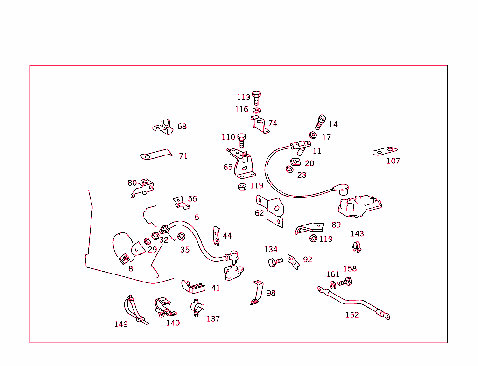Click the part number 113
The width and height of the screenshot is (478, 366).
tap(243, 97)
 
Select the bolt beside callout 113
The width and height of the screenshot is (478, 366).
tap(256, 98)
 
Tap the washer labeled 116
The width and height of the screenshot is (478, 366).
tap(256, 110)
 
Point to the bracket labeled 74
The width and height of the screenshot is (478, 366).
tap(260, 124)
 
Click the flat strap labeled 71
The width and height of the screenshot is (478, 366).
tap(156, 155)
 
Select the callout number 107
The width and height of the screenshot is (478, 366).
tap(393, 161)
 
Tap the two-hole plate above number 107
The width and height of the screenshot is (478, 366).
tap(385, 151)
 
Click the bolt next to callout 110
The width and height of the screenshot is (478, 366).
tap(241, 139)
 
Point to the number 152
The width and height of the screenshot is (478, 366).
tap(352, 315)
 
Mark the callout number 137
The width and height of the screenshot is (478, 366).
tap(213, 319)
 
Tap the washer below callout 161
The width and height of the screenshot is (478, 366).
tap(332, 285)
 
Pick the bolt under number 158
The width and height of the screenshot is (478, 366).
tap(345, 282)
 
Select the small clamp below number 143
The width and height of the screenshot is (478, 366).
tap(357, 246)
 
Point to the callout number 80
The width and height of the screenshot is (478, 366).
tap(132, 183)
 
